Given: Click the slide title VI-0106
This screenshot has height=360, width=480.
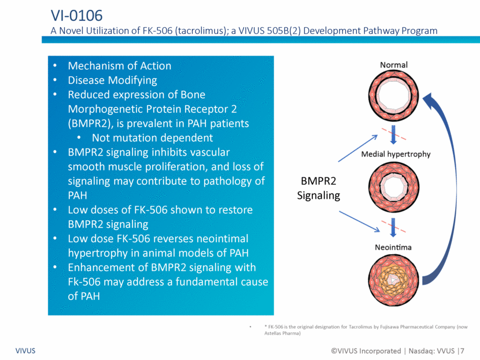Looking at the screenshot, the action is coord(76,16).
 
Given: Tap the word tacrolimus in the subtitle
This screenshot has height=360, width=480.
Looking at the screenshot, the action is coord(200,31).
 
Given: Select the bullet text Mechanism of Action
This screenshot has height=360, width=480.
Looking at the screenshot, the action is coord(119,66).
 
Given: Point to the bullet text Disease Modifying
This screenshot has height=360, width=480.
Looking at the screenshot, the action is coord(112,80).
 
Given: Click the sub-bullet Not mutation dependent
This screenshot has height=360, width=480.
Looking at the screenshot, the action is coord(152,138).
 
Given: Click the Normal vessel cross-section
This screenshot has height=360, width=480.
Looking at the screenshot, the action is coord(393,96).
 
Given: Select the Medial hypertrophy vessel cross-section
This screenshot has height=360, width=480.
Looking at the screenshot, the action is coord(393,187).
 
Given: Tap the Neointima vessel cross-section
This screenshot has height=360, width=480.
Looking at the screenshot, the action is coord(393,280).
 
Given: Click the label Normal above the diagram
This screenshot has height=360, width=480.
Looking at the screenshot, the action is coord(394,65).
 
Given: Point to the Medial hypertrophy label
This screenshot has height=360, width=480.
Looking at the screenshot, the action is coord(396,154).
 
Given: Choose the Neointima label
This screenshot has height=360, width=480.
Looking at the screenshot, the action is coord(393,247).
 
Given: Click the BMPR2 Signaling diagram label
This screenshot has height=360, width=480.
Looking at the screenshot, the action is coord(319,188).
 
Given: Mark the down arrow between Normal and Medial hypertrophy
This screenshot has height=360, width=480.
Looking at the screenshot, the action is coord(393,135).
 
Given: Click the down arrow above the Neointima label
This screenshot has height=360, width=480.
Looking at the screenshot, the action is coord(393,228).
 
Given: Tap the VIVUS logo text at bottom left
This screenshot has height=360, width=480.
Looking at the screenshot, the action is coord(25,351).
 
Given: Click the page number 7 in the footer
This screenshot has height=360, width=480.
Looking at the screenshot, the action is coord(462,351).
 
